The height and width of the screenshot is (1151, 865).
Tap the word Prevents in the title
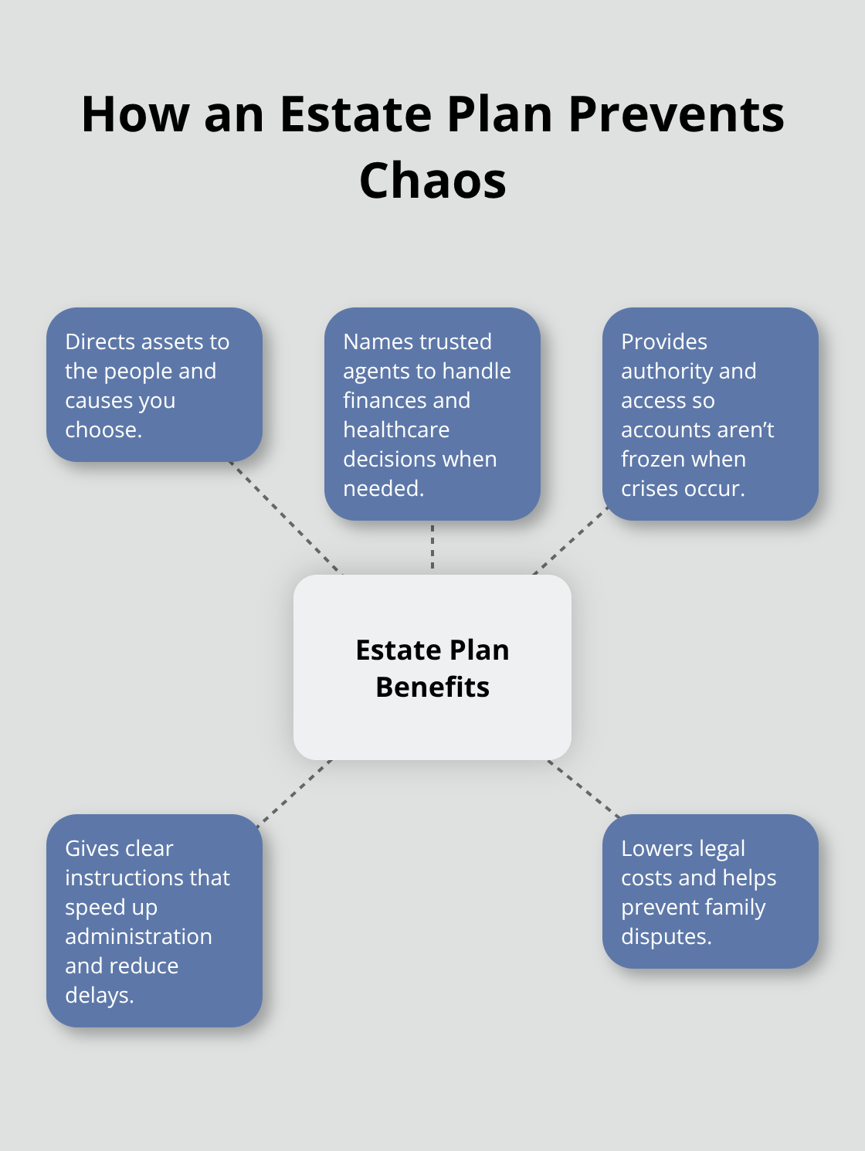coord(676,114)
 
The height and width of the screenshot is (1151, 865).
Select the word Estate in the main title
coord(354,114)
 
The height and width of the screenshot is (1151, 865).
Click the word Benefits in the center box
coord(432,687)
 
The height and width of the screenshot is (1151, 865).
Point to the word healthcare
coord(396,430)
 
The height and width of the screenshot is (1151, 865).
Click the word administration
coord(138,936)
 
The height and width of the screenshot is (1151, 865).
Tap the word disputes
coord(666,936)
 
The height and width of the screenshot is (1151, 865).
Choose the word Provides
coord(664,341)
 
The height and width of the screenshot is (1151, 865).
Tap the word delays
coord(99,995)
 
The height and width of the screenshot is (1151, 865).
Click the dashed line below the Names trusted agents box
coord(432,547)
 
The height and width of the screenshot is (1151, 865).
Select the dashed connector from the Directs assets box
coord(286,518)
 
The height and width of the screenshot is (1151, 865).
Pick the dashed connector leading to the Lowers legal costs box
coord(584,789)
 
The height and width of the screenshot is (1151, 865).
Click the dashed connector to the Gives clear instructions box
coord(294,793)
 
